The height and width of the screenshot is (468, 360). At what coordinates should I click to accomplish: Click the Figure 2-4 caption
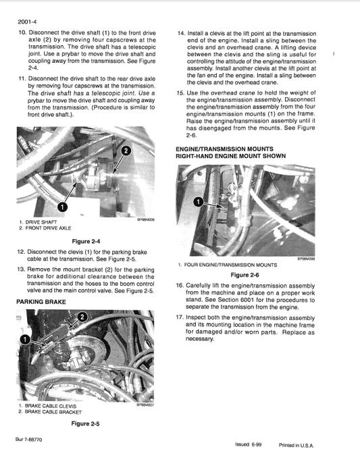(86, 240)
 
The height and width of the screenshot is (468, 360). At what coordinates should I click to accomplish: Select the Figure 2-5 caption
(86, 423)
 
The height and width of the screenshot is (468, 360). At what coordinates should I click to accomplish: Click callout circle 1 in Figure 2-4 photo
(62, 207)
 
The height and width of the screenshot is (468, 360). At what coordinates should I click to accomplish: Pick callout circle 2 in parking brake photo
(81, 317)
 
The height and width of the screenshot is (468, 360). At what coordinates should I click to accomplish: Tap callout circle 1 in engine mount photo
(198, 202)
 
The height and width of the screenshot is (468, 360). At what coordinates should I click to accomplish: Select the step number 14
(180, 32)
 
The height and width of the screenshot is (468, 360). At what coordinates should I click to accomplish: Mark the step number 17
(180, 317)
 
